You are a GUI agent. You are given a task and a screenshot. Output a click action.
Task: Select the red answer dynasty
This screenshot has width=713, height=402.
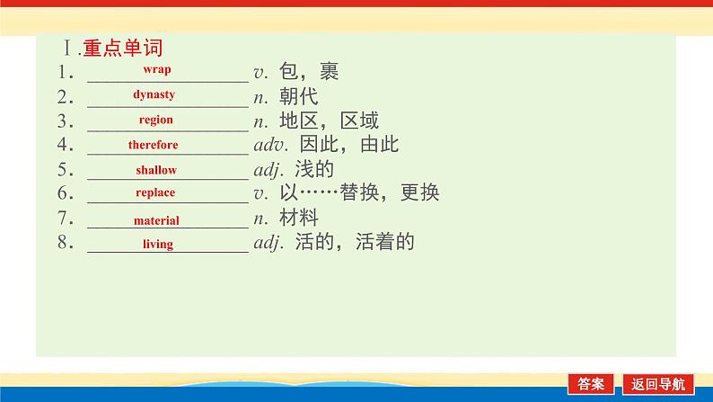click(154, 94)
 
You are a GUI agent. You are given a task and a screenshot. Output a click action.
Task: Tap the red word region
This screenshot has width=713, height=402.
click(156, 120)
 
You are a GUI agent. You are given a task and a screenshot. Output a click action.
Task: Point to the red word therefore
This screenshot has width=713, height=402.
click(153, 145)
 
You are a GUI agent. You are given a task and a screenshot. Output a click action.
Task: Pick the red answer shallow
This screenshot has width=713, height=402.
click(156, 170)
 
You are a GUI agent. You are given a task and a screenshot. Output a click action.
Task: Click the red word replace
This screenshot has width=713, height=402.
click(155, 192)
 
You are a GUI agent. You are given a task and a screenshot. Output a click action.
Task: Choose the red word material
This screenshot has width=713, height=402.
click(156, 220)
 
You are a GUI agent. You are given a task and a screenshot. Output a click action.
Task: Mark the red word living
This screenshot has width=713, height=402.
click(157, 244)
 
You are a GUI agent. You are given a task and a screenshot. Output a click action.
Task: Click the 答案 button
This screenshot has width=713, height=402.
click(591, 383)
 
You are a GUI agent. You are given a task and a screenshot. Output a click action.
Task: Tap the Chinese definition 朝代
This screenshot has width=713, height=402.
click(298, 96)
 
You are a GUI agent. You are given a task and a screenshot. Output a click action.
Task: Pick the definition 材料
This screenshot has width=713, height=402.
click(298, 218)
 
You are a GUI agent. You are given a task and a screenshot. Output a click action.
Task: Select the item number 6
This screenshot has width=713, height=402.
click(64, 193)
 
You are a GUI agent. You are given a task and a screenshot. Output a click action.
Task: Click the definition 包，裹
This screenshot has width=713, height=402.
click(308, 72)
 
